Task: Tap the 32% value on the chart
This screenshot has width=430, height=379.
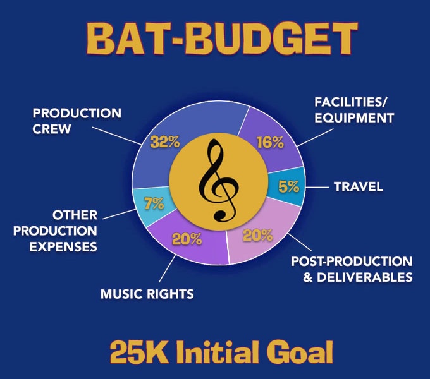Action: (x=165, y=142)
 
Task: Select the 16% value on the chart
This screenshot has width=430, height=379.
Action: (x=270, y=142)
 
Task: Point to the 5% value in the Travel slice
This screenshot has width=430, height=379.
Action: (x=288, y=186)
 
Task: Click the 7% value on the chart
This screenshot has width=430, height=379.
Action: (x=154, y=203)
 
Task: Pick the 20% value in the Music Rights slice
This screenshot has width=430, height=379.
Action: (x=187, y=239)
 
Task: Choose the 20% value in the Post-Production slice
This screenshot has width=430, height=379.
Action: (x=258, y=235)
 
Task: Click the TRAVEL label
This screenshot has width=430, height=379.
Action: (x=359, y=187)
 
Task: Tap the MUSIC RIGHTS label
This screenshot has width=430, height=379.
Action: (x=147, y=294)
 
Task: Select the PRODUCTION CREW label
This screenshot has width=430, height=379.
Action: (x=77, y=121)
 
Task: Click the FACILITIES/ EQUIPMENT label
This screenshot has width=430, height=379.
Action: (x=354, y=110)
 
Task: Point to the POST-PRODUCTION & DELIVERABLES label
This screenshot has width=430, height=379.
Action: (x=352, y=269)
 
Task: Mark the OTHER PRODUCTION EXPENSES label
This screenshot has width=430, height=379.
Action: (x=55, y=231)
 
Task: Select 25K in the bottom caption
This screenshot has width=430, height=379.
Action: (x=138, y=352)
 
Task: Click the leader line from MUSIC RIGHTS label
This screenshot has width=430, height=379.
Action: (x=168, y=268)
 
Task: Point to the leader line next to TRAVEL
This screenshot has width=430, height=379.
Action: (x=317, y=188)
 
